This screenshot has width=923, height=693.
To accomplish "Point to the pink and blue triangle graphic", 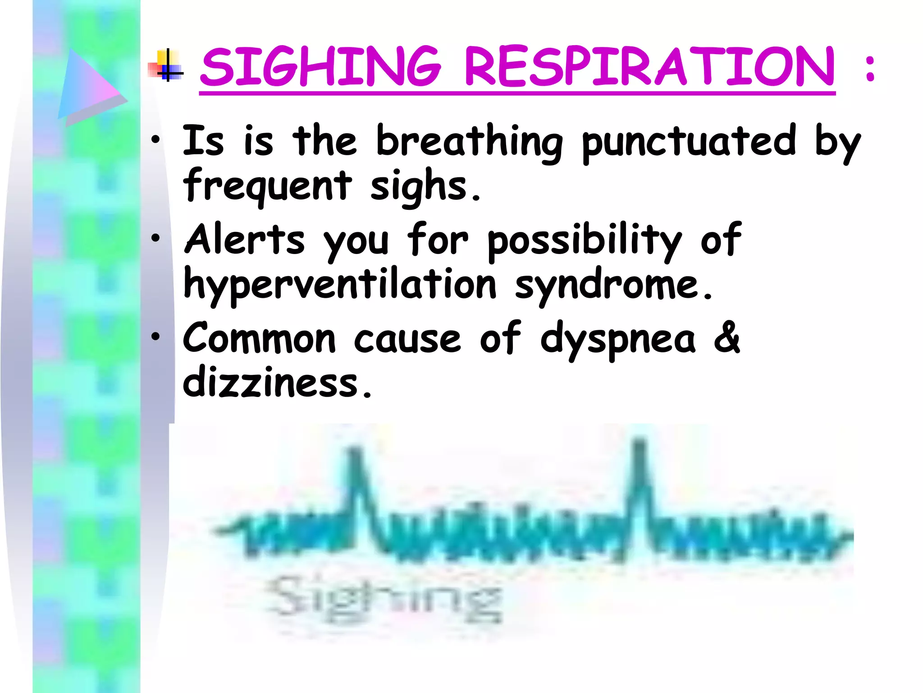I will point(90,86).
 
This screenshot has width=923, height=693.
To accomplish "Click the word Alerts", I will point(244,239).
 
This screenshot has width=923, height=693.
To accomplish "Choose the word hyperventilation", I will point(340,285).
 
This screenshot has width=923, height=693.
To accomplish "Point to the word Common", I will point(259,338).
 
